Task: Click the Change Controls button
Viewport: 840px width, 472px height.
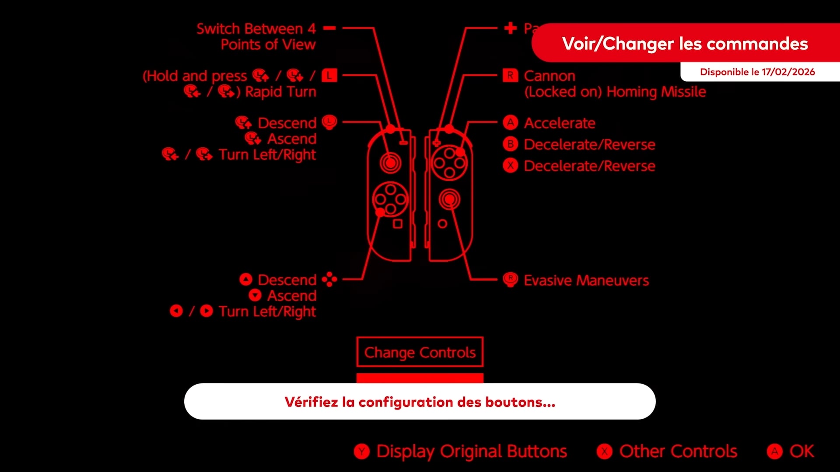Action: click(x=420, y=352)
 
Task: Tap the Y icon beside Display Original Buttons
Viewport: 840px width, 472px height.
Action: click(x=362, y=451)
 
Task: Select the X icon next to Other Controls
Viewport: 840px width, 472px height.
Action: click(x=605, y=451)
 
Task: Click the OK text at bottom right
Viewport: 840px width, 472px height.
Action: click(x=801, y=451)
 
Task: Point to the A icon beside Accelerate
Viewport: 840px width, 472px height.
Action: click(x=510, y=123)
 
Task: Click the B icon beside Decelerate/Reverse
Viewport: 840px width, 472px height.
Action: click(x=510, y=144)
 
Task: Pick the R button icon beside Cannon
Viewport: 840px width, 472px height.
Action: click(x=510, y=76)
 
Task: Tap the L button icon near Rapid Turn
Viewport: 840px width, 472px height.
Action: click(x=329, y=76)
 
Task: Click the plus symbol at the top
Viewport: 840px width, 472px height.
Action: click(x=510, y=28)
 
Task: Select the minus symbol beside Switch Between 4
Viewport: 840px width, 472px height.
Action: click(x=329, y=28)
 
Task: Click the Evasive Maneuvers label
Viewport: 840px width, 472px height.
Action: click(x=586, y=280)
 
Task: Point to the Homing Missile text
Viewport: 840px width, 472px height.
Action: click(x=656, y=92)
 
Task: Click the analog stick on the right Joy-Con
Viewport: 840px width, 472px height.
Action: click(x=449, y=199)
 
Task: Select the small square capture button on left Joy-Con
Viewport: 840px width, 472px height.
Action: click(x=397, y=224)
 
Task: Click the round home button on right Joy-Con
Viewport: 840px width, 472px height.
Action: click(x=442, y=224)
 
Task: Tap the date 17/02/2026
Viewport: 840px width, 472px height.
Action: click(x=788, y=72)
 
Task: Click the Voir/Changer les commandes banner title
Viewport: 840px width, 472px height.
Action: click(x=685, y=44)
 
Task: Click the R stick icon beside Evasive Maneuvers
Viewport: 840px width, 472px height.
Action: click(x=510, y=279)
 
